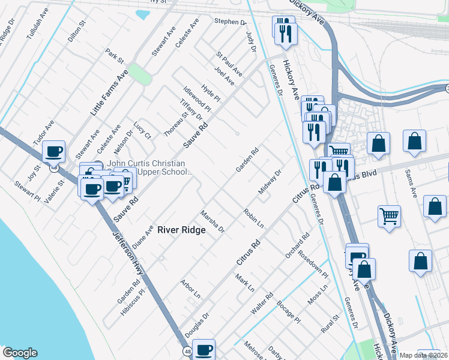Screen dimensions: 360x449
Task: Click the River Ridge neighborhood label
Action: click(x=181, y=230)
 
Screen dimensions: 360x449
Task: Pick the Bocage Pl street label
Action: click(x=289, y=313)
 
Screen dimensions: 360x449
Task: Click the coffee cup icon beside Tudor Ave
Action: click(x=54, y=151)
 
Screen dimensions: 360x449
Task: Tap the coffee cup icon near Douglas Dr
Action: click(x=204, y=349)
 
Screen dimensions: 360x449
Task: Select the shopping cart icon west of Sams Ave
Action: click(x=390, y=214)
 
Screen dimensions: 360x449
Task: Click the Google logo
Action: click(x=20, y=353)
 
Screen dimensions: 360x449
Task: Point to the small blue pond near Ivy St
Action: click(x=143, y=14)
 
